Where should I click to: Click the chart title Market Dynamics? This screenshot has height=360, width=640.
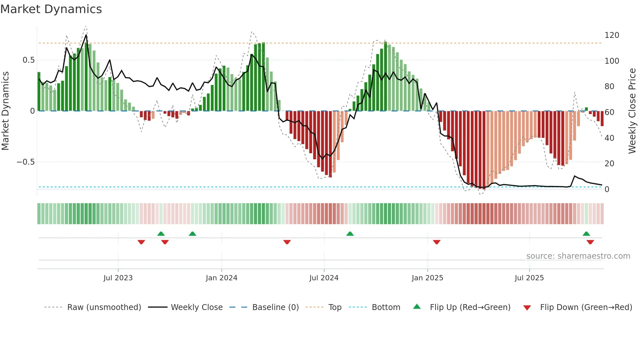tap(51, 9)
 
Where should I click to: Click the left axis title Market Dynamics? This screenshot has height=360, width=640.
tap(5, 111)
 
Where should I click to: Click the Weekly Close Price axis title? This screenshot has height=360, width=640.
tap(632, 111)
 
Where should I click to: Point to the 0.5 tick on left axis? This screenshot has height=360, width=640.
tap(28, 60)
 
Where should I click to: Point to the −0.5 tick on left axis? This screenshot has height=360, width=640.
tap(26, 162)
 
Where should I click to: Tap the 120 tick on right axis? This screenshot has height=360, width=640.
tap(612, 35)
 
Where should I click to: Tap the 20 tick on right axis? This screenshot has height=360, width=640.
tap(609, 164)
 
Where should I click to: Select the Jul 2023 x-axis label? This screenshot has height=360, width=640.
tap(118, 278)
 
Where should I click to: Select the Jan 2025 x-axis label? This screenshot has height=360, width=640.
tap(427, 278)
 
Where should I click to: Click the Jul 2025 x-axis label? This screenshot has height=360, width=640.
tap(529, 278)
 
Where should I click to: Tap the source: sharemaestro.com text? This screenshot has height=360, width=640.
tap(578, 256)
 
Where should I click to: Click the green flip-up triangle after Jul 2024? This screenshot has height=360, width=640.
tap(350, 234)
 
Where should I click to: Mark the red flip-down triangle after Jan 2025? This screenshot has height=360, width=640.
tap(437, 242)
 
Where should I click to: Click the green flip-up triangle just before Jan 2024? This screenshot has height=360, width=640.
tap(192, 234)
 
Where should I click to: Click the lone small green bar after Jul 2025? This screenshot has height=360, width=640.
tap(586, 109)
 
